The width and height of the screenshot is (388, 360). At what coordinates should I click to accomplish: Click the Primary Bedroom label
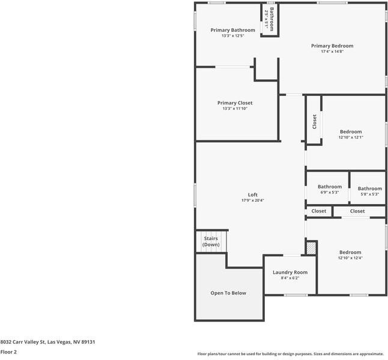pos(332,46)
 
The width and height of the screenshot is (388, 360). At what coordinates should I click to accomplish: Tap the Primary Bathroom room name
pos(232,30)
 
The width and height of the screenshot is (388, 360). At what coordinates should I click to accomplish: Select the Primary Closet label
pos(235,103)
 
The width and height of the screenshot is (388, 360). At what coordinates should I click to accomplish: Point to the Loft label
pos(253,194)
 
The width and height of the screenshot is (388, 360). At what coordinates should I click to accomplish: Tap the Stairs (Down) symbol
pos(211,242)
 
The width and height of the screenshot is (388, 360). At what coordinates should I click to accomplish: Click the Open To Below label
pos(228,293)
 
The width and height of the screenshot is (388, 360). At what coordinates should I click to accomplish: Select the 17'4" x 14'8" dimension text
pos(332,52)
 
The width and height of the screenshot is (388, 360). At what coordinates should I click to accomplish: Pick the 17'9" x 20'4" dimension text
pos(253,200)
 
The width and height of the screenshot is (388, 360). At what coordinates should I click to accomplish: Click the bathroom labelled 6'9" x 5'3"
pos(329,187)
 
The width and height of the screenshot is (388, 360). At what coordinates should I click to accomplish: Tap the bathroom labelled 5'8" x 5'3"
pos(369,188)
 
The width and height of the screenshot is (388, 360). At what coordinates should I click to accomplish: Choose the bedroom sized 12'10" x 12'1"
pos(351,131)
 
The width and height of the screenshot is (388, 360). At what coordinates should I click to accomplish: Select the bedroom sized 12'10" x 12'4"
pos(350,253)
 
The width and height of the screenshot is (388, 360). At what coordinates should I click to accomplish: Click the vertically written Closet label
pos(314,122)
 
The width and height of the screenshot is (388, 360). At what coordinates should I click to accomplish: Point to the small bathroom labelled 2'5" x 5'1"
pos(271,19)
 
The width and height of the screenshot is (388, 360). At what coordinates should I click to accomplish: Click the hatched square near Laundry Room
pos(311,247)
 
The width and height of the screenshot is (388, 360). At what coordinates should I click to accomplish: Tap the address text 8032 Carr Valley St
pos(47,341)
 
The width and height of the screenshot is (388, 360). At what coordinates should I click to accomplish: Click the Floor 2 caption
pos(8,352)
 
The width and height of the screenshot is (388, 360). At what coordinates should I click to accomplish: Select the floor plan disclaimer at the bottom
pos(291,353)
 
